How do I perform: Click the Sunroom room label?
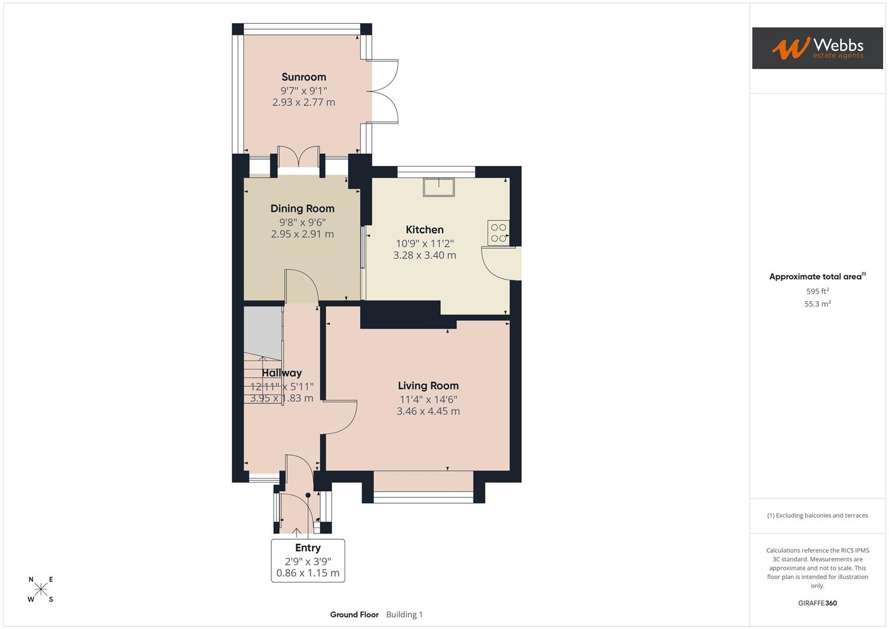click(x=303, y=77)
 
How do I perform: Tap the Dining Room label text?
click(x=302, y=209)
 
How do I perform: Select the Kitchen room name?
click(x=424, y=229)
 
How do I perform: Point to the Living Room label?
click(x=428, y=386)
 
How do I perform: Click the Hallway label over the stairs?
click(x=281, y=373)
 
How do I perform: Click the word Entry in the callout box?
click(x=307, y=547)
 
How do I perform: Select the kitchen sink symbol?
click(x=438, y=187)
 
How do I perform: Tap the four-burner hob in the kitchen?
click(x=498, y=232)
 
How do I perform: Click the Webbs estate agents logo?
click(x=817, y=48)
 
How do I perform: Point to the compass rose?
click(x=41, y=589)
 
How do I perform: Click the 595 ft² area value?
click(x=817, y=291)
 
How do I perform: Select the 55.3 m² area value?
click(x=817, y=304)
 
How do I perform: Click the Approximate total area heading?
click(x=815, y=277)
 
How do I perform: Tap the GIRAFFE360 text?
click(x=817, y=603)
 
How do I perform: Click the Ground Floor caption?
click(x=354, y=614)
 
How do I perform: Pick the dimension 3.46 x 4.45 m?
click(x=428, y=411)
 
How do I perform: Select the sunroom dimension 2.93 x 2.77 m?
click(x=303, y=103)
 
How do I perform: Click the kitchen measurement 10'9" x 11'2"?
click(x=424, y=243)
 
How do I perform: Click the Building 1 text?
click(x=404, y=614)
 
